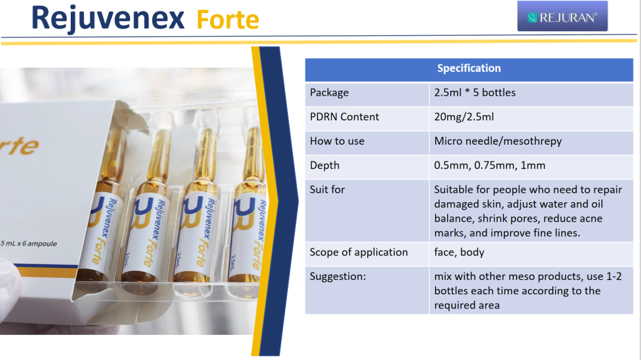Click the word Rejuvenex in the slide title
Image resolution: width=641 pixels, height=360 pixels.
click(x=108, y=18)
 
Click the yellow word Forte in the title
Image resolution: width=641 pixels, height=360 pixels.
click(x=228, y=20)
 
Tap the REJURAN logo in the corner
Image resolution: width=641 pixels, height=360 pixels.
click(x=562, y=16)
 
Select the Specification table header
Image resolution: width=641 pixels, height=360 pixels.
click(x=469, y=68)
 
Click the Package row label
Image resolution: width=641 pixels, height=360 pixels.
click(x=329, y=93)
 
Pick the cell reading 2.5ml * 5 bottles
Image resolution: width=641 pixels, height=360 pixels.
click(x=474, y=93)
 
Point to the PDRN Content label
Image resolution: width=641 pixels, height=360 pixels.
click(x=344, y=116)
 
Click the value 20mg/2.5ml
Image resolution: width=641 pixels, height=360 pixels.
click(x=464, y=117)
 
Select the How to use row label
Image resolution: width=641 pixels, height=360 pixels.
click(x=337, y=141)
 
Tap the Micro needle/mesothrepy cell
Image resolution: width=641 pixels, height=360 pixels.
click(x=498, y=141)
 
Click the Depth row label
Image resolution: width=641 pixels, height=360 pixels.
click(x=325, y=166)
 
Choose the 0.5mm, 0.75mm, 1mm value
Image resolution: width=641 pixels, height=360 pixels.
click(x=490, y=165)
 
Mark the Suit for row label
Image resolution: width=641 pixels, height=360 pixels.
click(x=327, y=190)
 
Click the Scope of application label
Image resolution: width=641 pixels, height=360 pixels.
click(x=359, y=252)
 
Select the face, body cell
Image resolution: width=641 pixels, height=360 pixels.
click(x=459, y=252)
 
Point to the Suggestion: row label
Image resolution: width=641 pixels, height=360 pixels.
click(x=337, y=277)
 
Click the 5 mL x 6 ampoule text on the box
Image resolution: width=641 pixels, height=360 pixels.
click(x=29, y=244)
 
